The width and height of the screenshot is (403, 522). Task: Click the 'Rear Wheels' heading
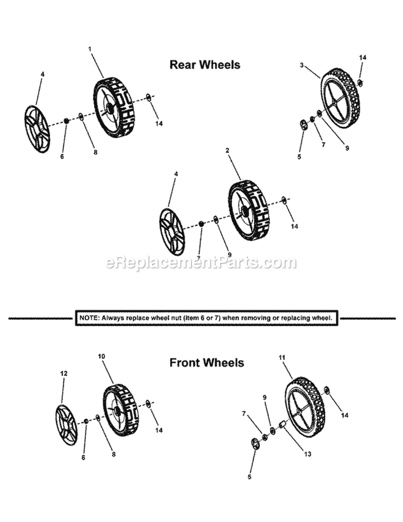coord(205,64)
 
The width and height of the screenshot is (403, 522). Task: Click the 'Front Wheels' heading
coord(206,362)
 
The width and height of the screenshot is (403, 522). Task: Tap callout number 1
coord(89,48)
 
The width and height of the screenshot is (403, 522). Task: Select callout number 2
coord(227,150)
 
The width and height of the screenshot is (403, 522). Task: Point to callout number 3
coord(301,65)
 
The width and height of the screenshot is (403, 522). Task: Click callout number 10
coord(102,356)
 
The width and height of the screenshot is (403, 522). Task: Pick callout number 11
coord(282,357)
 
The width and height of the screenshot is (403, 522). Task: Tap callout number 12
coord(63,373)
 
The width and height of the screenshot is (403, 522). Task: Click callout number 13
coord(307,454)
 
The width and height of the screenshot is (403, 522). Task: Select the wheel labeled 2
coord(249,210)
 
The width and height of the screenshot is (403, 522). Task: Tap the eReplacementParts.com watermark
coord(201,262)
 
